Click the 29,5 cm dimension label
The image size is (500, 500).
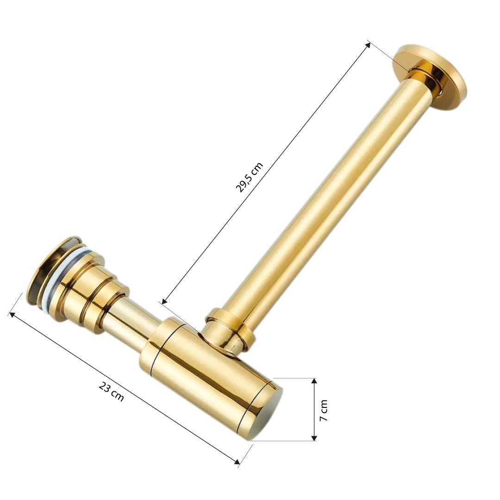point(249,177)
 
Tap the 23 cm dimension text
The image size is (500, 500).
point(111,392)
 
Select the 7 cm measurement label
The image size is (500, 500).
point(324,410)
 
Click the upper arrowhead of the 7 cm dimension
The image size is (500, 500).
point(314,381)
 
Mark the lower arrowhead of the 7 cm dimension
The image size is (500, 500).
point(314,438)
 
